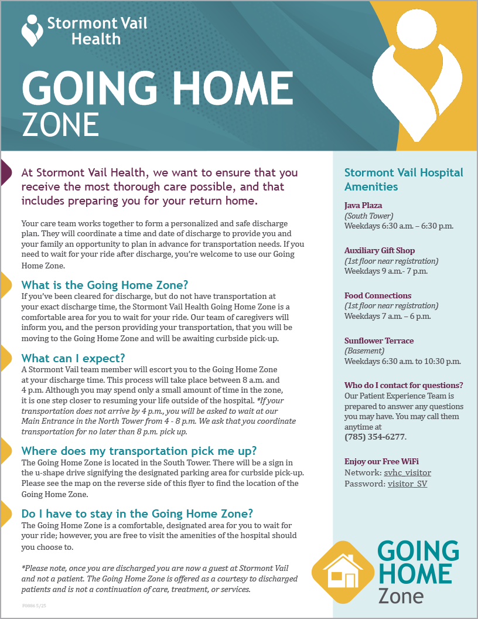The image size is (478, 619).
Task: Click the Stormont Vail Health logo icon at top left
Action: [32, 30]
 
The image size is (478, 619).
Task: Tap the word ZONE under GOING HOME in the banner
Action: [60, 124]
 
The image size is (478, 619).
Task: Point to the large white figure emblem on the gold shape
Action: [415, 76]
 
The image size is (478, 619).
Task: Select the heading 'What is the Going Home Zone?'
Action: [105, 285]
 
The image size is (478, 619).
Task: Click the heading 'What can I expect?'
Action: [73, 358]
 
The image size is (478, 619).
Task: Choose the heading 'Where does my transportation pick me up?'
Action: [139, 451]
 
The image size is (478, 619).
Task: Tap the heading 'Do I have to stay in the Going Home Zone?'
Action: [137, 514]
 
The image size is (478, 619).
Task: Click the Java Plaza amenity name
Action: [363, 205]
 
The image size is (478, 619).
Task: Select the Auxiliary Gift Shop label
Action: [380, 250]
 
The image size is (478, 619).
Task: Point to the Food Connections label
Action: [378, 295]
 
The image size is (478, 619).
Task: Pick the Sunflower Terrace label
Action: [379, 341]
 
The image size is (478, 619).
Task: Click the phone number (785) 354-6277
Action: [375, 437]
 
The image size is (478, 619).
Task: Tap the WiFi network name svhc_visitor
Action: [407, 472]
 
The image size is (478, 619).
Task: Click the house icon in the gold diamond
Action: [343, 572]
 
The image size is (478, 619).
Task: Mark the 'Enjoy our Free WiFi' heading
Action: [381, 461]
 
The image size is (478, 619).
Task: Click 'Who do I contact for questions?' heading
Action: [404, 385]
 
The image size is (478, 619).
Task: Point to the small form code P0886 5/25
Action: [34, 604]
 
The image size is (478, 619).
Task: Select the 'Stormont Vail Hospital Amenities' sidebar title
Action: [404, 179]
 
